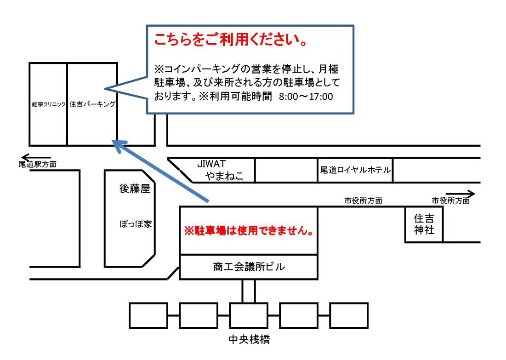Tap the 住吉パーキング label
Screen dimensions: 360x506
click(92, 104)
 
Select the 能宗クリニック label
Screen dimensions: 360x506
click(49, 104)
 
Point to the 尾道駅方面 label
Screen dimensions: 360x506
click(38, 164)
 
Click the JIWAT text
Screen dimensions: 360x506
click(211, 164)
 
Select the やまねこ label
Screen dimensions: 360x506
click(224, 176)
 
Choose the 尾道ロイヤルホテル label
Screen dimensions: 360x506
click(355, 170)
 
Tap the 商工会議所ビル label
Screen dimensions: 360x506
click(249, 267)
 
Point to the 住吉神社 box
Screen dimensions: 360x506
click(424, 224)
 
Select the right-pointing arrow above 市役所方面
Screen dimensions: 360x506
click(460, 194)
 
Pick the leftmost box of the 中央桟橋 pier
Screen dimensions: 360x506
click(148, 315)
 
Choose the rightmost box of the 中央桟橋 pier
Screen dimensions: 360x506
click(349, 315)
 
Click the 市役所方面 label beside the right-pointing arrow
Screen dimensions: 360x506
click(450, 201)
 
